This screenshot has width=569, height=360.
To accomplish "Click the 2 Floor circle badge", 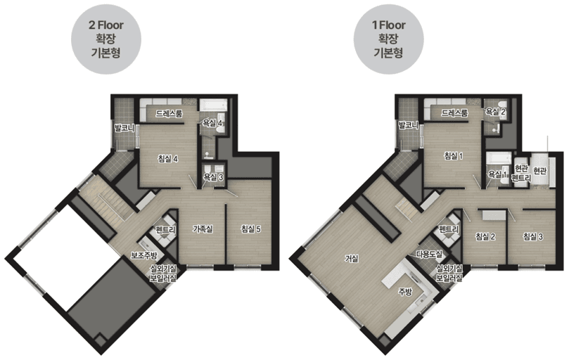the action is click(x=106, y=39).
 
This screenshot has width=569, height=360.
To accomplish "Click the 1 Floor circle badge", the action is click(x=389, y=39).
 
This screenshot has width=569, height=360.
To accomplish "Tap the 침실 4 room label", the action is click(x=167, y=159).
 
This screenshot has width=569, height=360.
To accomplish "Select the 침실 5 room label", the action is click(x=251, y=229).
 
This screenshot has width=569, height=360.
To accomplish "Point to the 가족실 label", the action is click(x=203, y=229).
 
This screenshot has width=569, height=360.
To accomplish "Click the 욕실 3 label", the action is click(x=213, y=176).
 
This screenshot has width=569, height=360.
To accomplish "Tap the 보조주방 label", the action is click(x=144, y=255).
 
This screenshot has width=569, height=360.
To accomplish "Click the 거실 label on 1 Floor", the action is click(x=351, y=258).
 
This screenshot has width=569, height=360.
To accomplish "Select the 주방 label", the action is click(x=405, y=291).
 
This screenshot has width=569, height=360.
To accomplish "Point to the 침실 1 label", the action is click(x=453, y=156).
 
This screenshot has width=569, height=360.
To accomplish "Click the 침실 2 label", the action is click(x=485, y=237).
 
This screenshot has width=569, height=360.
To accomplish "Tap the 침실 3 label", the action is click(x=532, y=237).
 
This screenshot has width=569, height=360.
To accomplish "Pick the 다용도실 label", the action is click(x=429, y=254).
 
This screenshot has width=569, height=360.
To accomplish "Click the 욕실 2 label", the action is click(x=495, y=112).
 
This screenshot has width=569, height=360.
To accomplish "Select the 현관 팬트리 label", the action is click(x=521, y=174).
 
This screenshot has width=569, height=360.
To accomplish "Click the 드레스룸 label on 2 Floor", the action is click(x=169, y=114).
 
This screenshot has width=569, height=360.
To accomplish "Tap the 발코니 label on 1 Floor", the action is click(x=409, y=126).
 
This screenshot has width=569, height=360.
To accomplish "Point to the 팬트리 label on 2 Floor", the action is click(x=165, y=230).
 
